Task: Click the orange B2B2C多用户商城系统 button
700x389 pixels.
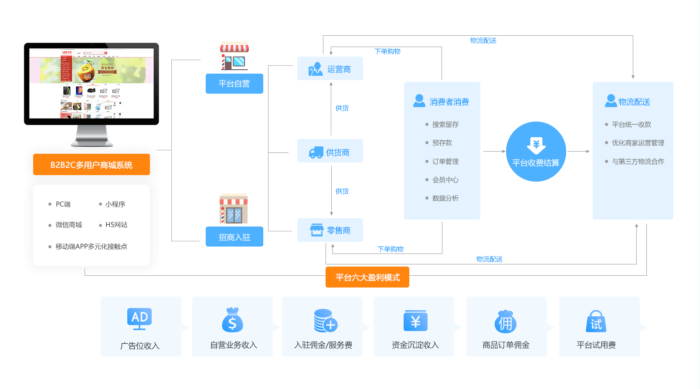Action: tap(92, 165)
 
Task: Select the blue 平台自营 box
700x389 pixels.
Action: tap(234, 84)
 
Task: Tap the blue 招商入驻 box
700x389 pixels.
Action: tap(234, 237)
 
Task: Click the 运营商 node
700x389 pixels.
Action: tap(330, 69)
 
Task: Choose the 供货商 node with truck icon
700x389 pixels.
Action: tap(330, 152)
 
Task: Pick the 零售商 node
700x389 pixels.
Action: tap(330, 230)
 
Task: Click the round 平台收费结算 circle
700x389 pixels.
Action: tap(536, 152)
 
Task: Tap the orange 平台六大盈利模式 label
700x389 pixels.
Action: tap(367, 277)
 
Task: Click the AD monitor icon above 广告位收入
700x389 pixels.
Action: tap(139, 318)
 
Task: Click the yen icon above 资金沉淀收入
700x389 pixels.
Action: tap(415, 321)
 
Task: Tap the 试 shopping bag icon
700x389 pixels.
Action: tap(596, 321)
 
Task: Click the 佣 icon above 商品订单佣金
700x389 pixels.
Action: tap(506, 321)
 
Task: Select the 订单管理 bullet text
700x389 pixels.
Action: tap(445, 162)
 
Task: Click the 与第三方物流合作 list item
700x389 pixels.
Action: tap(638, 162)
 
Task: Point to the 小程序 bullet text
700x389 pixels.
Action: tap(115, 204)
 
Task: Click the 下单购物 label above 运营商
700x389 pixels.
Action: tap(387, 51)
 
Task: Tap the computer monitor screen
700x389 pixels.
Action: tap(92, 83)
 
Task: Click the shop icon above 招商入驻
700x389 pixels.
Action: tap(234, 209)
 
